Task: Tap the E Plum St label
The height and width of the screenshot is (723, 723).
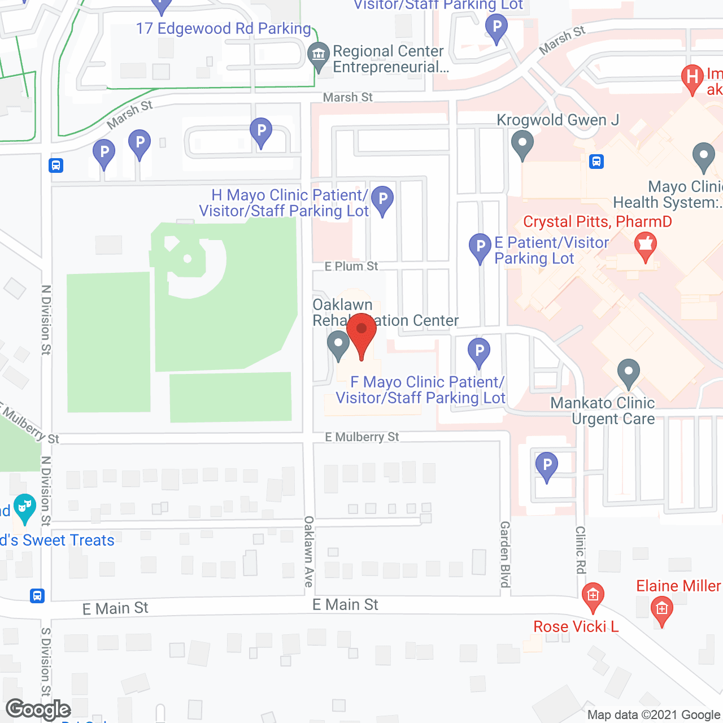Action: (351, 266)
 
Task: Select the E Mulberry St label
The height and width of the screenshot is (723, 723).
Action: (361, 437)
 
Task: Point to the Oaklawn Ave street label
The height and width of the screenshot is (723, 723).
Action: (309, 551)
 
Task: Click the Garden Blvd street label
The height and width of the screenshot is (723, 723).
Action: (505, 554)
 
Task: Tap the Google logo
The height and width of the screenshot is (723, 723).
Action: (38, 709)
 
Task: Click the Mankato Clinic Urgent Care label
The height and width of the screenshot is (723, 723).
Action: (603, 411)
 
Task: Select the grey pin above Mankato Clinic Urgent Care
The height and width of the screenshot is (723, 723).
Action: (628, 373)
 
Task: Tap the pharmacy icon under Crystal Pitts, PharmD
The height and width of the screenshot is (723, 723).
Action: (646, 247)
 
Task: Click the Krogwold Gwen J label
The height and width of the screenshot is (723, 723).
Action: (558, 120)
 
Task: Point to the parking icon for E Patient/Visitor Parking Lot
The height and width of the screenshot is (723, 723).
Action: (480, 247)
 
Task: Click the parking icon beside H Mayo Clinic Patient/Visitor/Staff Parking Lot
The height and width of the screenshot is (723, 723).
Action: (382, 200)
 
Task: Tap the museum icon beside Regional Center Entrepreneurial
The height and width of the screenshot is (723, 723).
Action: (319, 55)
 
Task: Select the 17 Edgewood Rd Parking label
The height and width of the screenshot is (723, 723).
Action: (224, 28)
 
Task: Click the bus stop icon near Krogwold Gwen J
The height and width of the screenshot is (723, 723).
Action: (596, 162)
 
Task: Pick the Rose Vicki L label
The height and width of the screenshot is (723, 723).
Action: (576, 626)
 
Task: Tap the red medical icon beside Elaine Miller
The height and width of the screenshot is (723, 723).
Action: (661, 610)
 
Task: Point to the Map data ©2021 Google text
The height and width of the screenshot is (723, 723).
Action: (654, 715)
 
